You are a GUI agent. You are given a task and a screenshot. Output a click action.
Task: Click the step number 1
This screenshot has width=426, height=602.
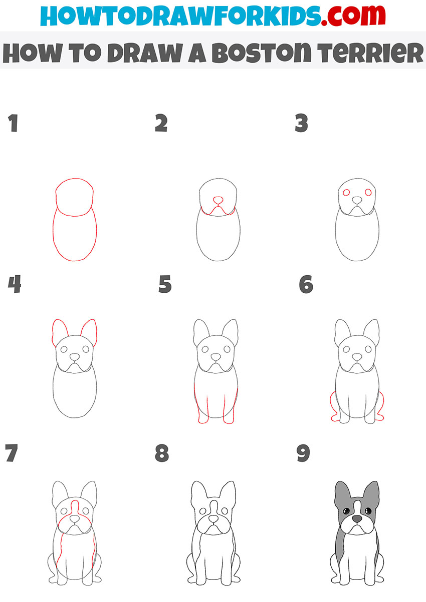[13, 123]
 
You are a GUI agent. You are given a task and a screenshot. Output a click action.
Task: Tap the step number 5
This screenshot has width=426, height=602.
[165, 285]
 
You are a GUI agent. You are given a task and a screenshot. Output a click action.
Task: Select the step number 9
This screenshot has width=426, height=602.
[303, 454]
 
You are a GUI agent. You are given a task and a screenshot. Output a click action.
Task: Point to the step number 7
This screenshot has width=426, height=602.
[11, 454]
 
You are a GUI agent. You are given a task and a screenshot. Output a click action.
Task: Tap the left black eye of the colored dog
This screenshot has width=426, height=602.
[345, 510]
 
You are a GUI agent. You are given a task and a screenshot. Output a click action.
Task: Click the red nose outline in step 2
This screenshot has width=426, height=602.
[218, 200]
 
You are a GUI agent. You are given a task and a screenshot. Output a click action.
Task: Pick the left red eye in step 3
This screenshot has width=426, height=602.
[345, 192]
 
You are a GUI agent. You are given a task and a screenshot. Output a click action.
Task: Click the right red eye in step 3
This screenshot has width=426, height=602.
[368, 192]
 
